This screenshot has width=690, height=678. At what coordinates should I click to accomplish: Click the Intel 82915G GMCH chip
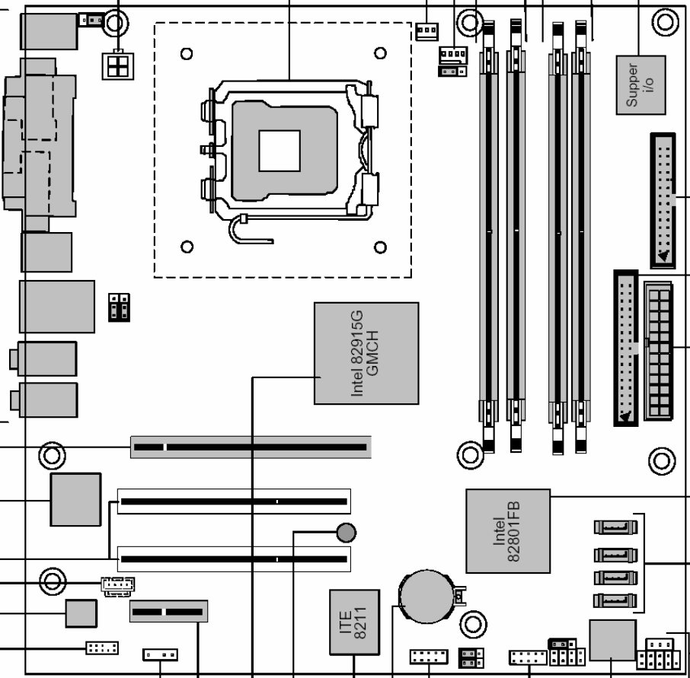(x=366, y=353)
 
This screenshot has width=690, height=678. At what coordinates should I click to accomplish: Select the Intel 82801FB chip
(x=508, y=531)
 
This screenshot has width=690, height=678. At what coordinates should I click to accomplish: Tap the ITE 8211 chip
(x=354, y=622)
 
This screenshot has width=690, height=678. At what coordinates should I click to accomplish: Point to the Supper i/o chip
(x=640, y=85)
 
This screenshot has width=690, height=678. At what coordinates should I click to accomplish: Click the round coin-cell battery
(x=426, y=597)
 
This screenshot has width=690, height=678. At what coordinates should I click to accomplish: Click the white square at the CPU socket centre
(x=280, y=151)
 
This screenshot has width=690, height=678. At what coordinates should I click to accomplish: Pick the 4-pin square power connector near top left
(x=118, y=66)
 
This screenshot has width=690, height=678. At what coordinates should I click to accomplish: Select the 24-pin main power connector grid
(x=658, y=352)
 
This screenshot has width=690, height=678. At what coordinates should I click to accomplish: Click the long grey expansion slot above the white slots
(x=251, y=447)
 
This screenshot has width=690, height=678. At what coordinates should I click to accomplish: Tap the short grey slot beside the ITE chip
(x=168, y=611)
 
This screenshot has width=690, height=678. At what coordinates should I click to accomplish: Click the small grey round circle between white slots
(x=346, y=533)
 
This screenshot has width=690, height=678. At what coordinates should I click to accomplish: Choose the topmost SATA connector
(x=615, y=527)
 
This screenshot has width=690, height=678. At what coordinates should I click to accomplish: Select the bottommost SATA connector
(x=615, y=600)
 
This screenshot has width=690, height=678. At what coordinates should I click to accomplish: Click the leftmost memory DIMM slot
(x=489, y=237)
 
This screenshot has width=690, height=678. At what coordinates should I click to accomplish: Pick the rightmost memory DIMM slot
(x=581, y=237)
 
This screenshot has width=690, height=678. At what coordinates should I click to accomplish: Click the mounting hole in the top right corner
(x=665, y=22)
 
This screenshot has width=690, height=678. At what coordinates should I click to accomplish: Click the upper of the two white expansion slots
(x=234, y=501)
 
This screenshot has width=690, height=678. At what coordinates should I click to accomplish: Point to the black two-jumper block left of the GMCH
(x=119, y=307)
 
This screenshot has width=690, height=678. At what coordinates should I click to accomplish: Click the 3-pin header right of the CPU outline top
(x=426, y=31)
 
